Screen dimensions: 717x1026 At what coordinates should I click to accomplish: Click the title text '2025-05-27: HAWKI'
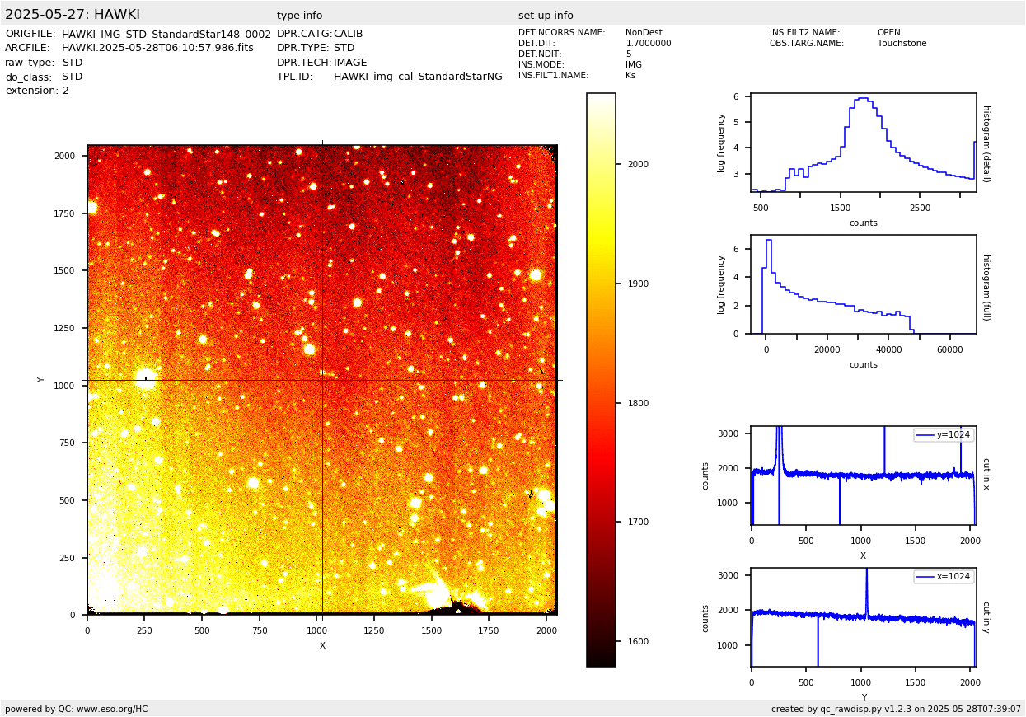[73, 15]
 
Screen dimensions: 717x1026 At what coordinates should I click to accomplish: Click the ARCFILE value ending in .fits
[157, 48]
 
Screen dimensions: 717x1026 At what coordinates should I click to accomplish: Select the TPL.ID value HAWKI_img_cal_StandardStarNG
[418, 77]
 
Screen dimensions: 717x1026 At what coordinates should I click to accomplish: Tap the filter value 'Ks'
[630, 76]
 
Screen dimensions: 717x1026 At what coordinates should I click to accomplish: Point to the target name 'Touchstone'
[902, 44]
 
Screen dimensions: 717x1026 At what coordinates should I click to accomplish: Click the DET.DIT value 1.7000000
[649, 44]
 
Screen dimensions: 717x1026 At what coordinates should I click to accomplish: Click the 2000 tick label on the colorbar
[638, 165]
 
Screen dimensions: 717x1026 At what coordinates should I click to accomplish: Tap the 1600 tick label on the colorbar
[638, 642]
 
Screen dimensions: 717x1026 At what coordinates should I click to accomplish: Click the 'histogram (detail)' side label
[986, 143]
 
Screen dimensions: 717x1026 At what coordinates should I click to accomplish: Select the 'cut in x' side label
[986, 474]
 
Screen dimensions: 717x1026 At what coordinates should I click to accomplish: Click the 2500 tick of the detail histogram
[920, 209]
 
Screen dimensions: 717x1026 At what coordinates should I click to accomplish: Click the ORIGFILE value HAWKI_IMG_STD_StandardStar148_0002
[166, 35]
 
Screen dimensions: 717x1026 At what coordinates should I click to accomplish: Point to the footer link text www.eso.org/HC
[113, 709]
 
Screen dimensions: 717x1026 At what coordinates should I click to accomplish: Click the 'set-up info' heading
[546, 16]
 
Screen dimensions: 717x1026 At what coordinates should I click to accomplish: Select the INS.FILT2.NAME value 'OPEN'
[888, 33]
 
